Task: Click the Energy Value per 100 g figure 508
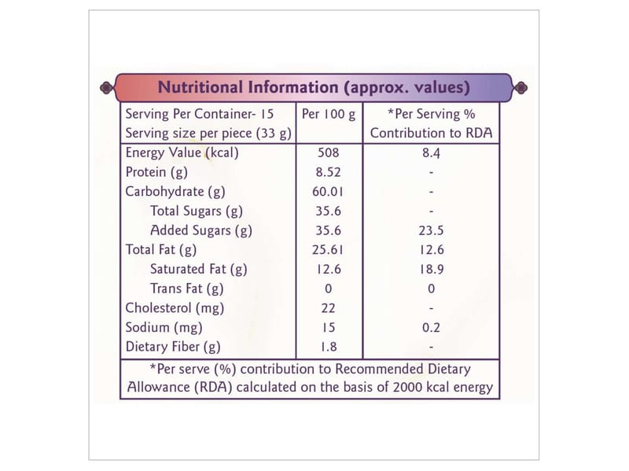[x=329, y=153]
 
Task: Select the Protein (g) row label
[x=156, y=172]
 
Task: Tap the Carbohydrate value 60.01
[x=329, y=192]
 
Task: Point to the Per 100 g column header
[x=329, y=114]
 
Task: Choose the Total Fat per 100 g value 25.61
[x=329, y=250]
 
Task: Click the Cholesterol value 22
[x=329, y=307]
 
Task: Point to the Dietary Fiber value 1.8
[x=329, y=346]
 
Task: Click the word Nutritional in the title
[x=200, y=86]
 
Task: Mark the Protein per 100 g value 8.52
[x=329, y=172]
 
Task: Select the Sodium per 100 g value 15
[x=329, y=327]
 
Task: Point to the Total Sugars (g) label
[x=197, y=211]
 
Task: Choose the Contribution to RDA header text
[x=431, y=133]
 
